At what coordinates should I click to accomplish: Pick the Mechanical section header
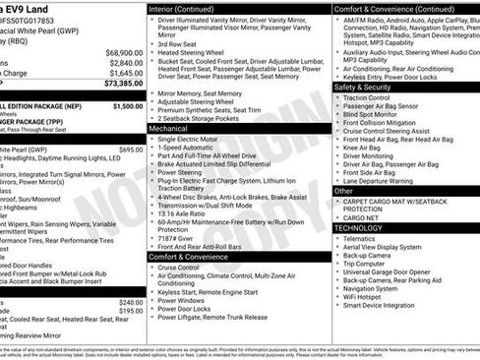tap(168, 128)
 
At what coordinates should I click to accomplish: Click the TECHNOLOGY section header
tap(358, 227)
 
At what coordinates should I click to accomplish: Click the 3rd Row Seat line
tap(178, 44)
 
